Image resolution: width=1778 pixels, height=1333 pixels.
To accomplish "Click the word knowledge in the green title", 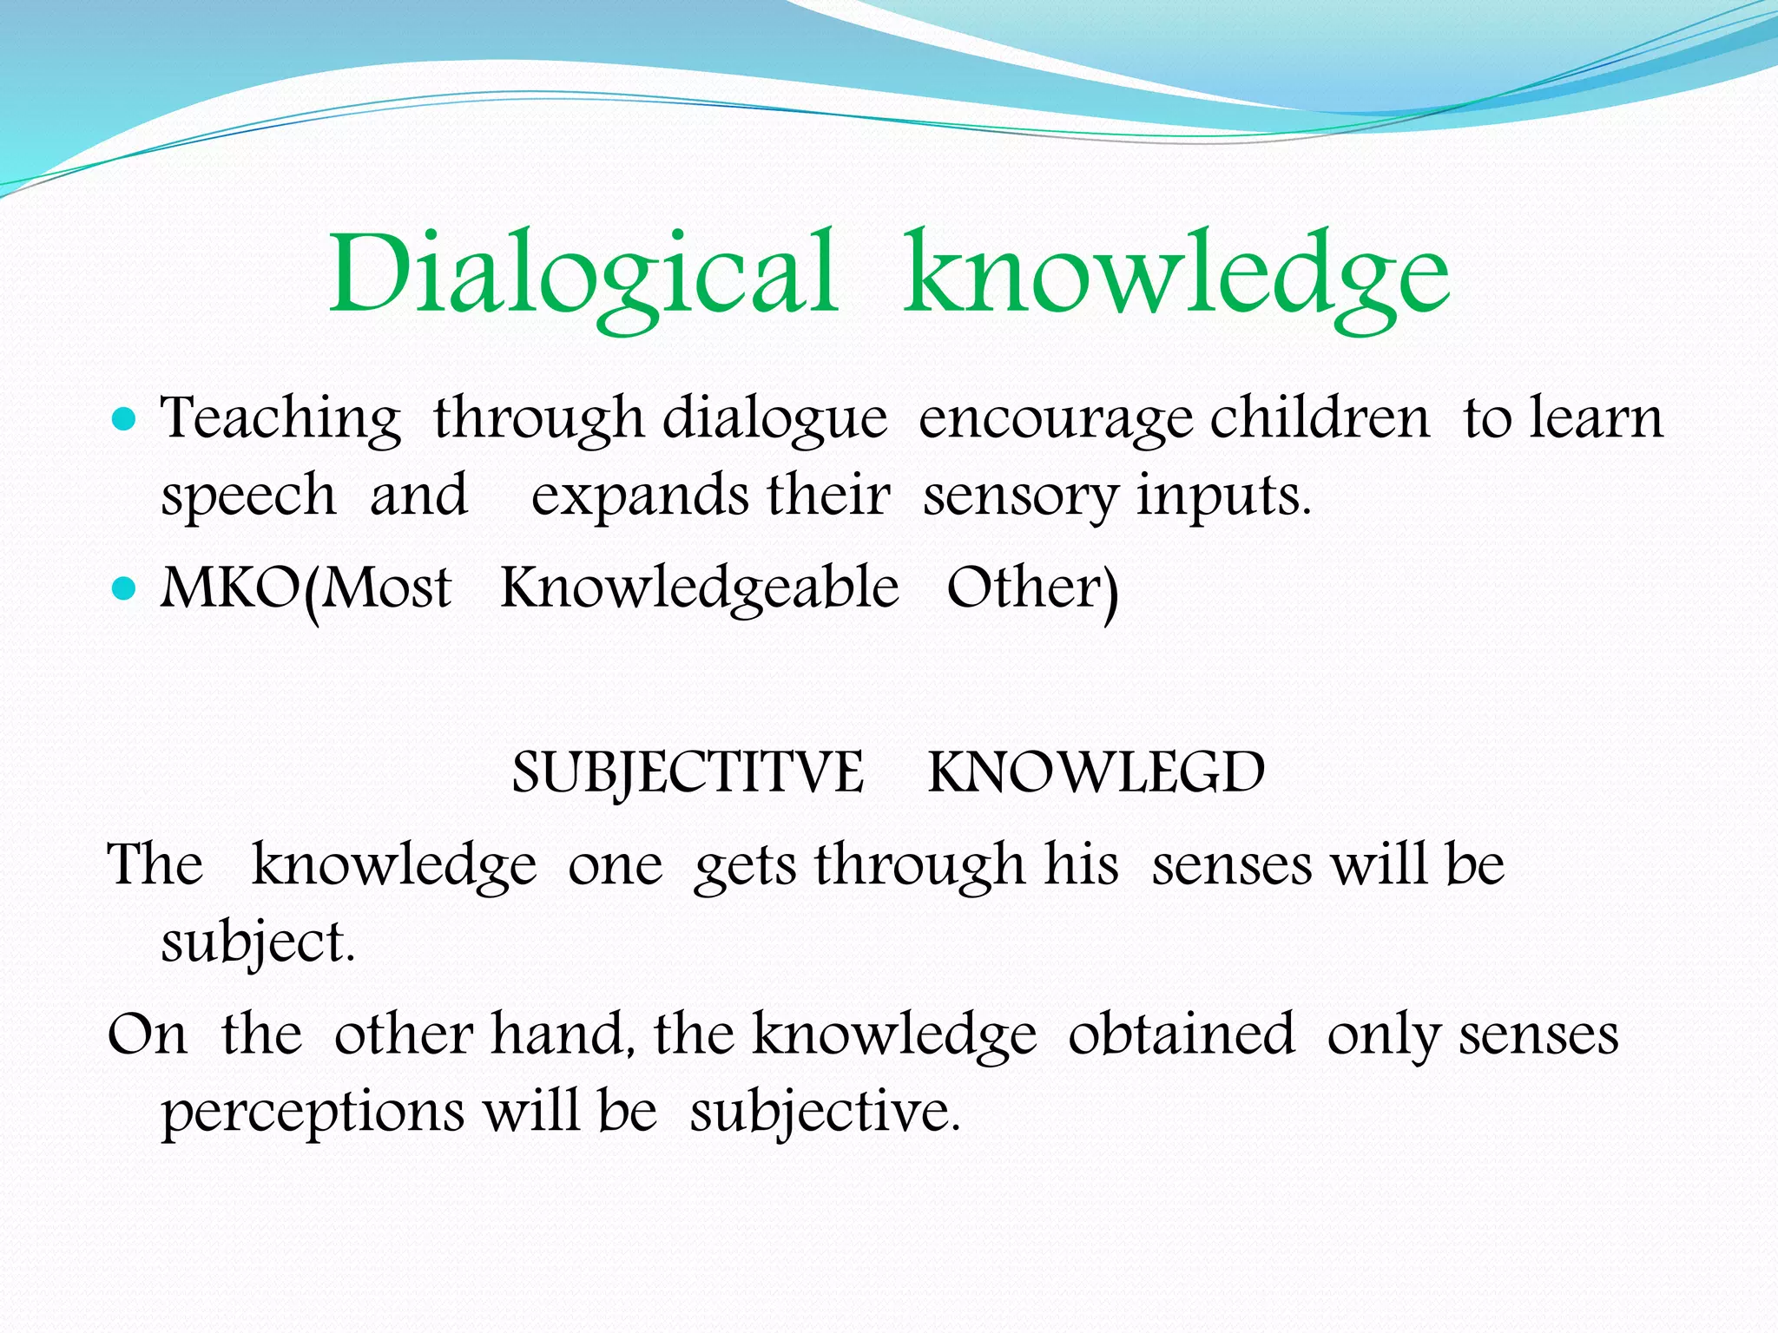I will (1176, 276).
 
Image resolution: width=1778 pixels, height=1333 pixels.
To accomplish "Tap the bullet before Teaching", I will (125, 421).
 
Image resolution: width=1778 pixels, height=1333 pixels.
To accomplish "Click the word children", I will (1320, 419).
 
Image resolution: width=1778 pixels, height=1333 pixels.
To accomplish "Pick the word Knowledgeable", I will (700, 588).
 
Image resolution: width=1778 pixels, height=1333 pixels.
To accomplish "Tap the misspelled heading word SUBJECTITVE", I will (688, 772).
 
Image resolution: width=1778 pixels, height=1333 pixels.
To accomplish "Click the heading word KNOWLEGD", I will (1096, 772).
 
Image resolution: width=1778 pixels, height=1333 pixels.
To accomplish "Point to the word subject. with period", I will (258, 944).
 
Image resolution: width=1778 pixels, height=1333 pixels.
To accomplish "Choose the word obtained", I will (1181, 1034).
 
